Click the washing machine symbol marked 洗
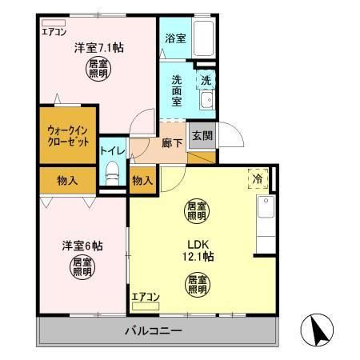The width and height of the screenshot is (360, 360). [x=206, y=80]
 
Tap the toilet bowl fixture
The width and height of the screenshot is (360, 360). [x=112, y=171]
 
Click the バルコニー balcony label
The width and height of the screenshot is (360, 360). [x=153, y=330]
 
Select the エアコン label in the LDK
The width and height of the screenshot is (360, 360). [x=146, y=298]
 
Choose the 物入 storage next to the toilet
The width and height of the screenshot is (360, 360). [x=142, y=181]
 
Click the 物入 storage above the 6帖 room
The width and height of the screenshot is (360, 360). [x=67, y=180]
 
